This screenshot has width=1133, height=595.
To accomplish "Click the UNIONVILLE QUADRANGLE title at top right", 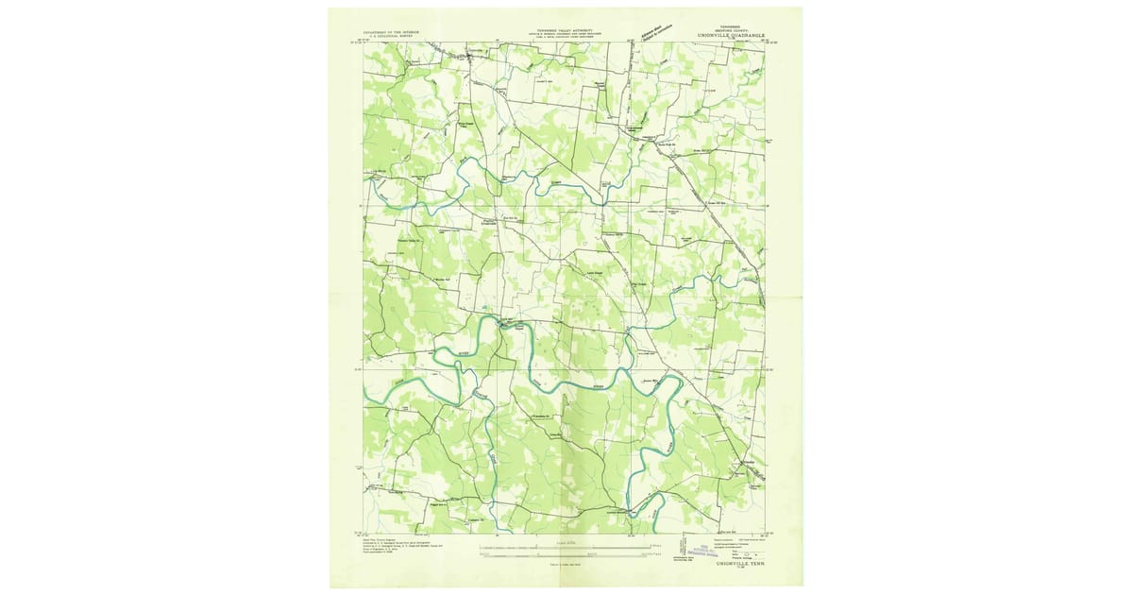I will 727,35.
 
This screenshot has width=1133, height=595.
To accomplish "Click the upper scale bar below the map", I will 566,547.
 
